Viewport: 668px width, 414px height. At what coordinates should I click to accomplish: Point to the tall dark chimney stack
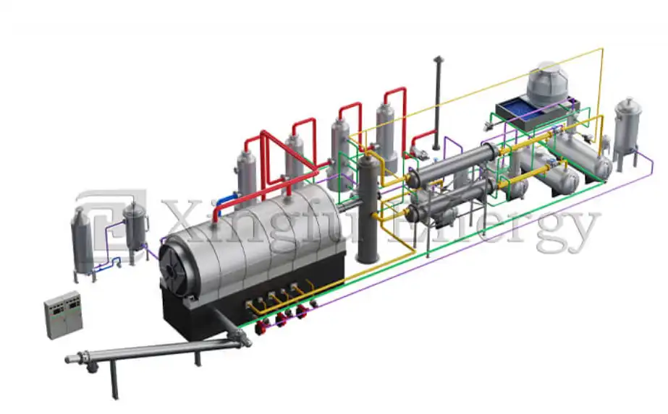[x=437, y=108]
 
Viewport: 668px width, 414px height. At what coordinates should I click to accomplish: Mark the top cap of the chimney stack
[x=437, y=59]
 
